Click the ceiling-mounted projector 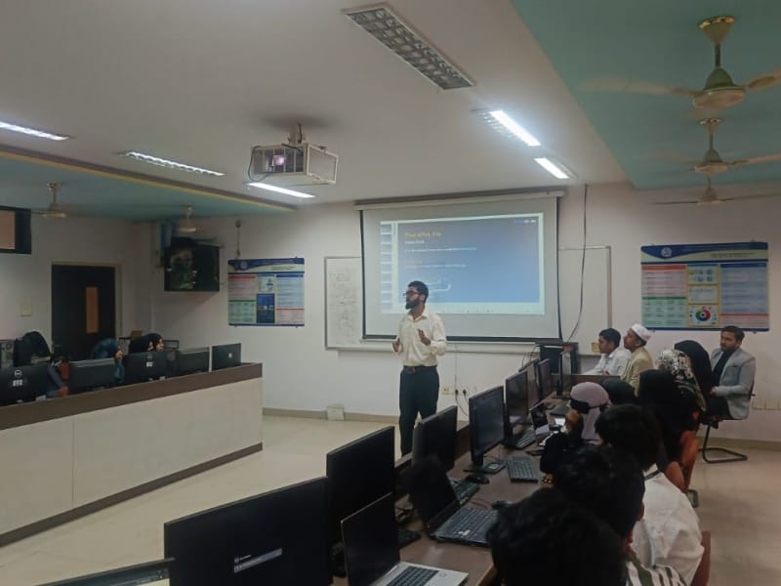click(293, 162)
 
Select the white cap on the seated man click(640, 331)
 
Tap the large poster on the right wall click(704, 286)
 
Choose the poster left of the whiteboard click(266, 291)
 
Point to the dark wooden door click(83, 311)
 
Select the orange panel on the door click(92, 310)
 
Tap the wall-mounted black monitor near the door click(191, 267)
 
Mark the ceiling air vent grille click(407, 45)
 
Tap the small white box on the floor click(335, 412)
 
